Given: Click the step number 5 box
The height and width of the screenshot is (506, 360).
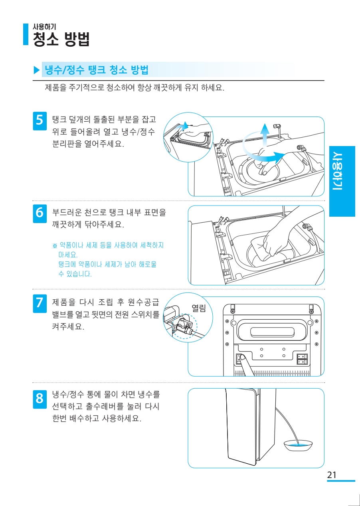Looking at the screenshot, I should point(39,119).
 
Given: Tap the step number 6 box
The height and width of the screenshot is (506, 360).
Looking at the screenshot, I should point(39,212).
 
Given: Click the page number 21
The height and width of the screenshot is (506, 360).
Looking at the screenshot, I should point(332,475).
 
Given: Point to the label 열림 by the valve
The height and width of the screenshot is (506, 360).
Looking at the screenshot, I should point(199,308).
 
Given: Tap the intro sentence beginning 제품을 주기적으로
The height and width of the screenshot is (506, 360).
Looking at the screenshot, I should point(135,87).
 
